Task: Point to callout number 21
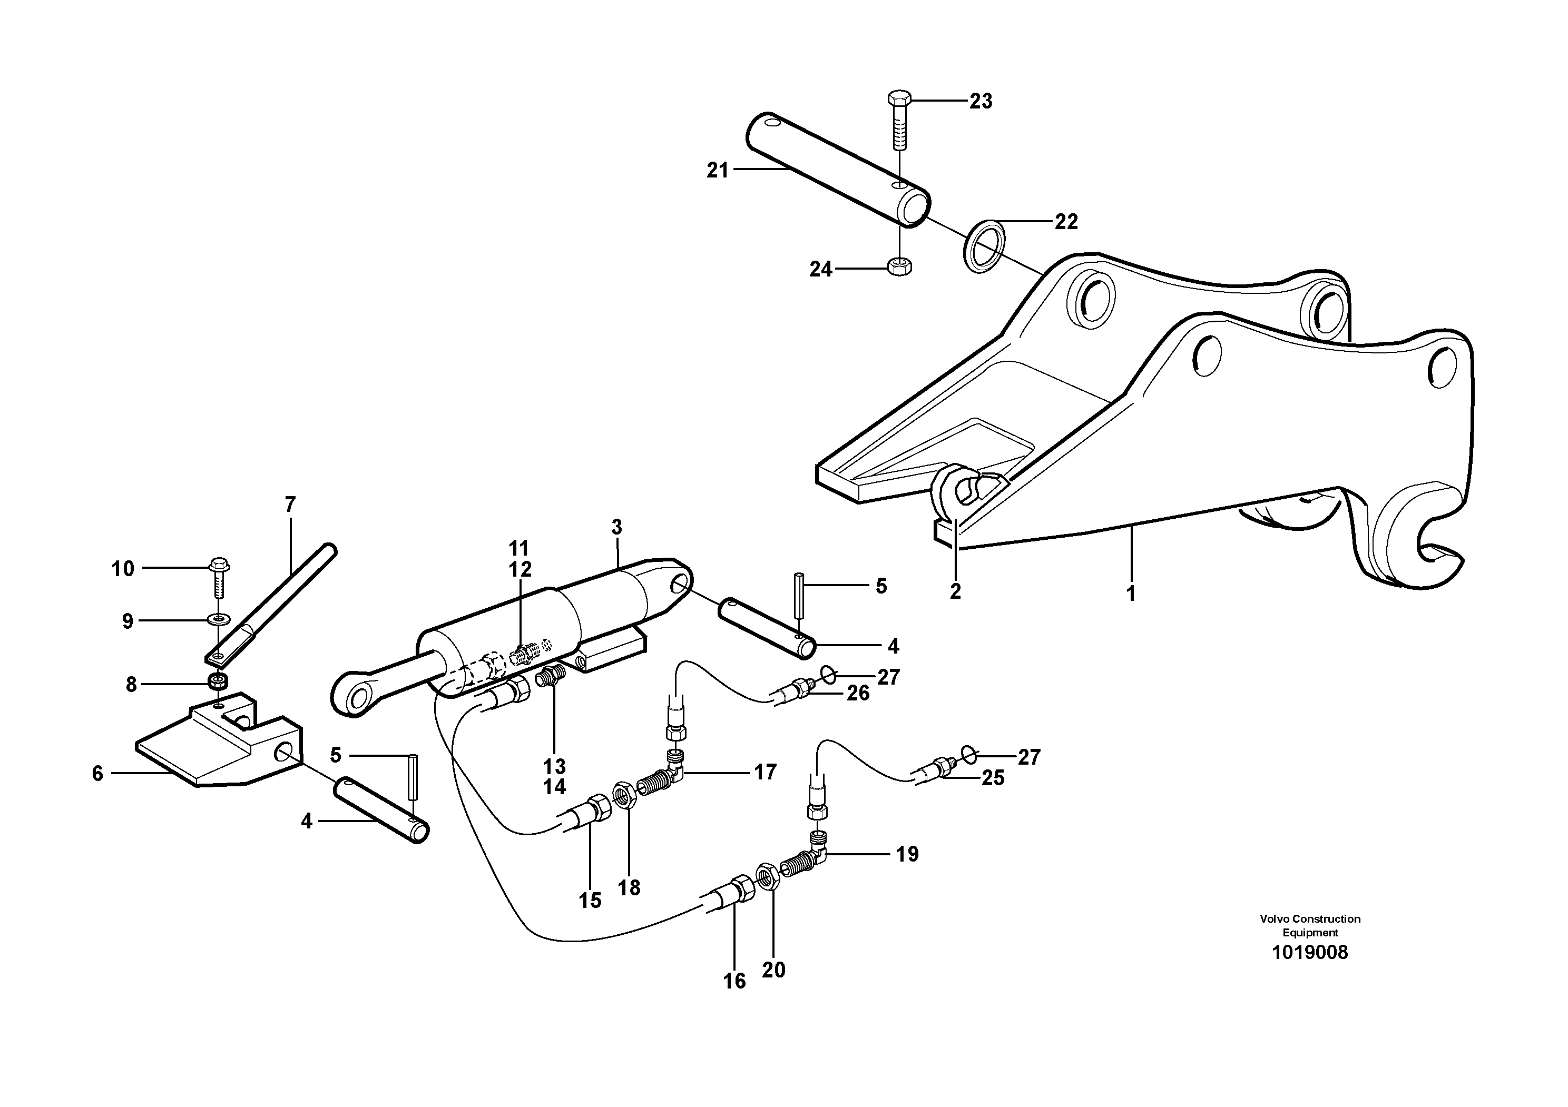click(x=718, y=171)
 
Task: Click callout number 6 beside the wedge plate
click(x=97, y=773)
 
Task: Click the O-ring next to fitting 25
click(x=969, y=754)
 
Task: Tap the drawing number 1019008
click(x=1309, y=953)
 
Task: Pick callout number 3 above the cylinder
click(x=616, y=527)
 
